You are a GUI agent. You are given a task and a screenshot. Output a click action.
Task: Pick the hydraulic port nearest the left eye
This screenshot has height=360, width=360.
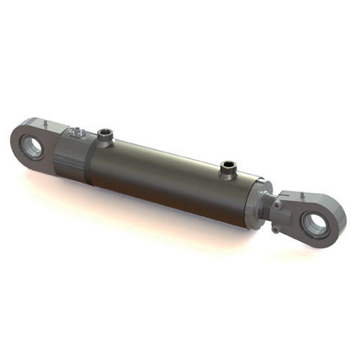pos(105,136)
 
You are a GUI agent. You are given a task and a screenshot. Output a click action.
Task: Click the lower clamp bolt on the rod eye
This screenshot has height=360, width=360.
pos(276,229)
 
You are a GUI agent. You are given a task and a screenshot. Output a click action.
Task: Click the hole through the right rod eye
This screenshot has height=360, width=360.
pos(317,225)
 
